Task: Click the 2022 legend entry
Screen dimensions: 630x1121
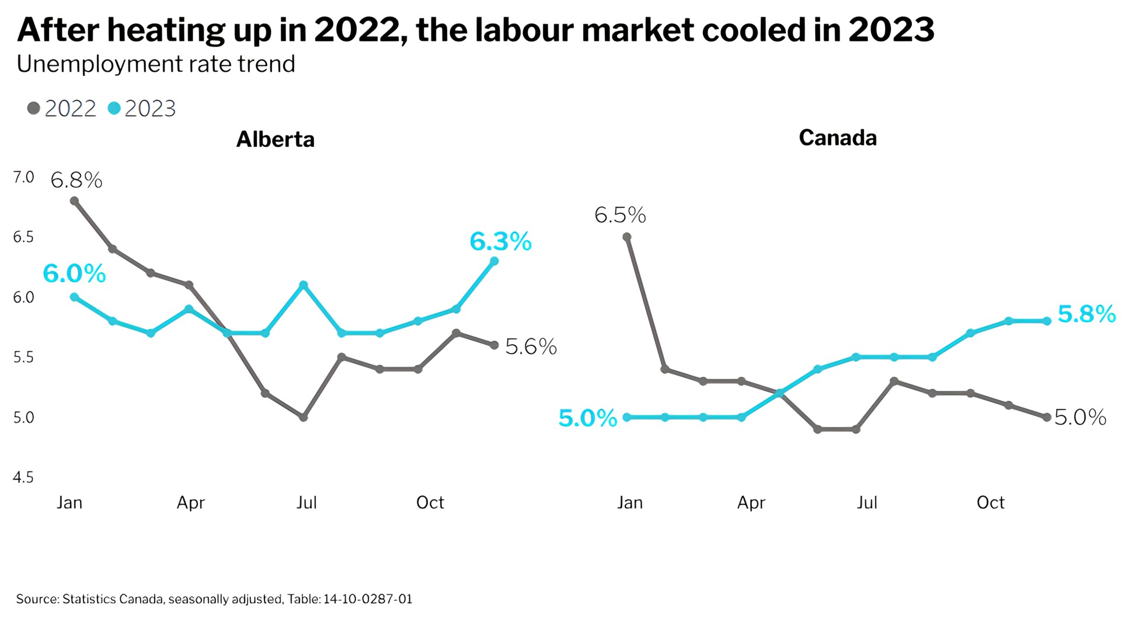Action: pos(62,108)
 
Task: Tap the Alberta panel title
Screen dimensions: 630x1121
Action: pos(275,139)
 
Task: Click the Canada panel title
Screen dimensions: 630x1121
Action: pos(837,138)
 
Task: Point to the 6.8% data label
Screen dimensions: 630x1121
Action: pos(76,180)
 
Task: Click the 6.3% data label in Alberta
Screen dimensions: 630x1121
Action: pos(500,241)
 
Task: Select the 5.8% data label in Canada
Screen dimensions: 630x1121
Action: pos(1087,314)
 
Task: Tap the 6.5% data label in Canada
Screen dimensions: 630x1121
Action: pos(620,215)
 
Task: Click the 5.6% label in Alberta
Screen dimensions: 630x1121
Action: pos(531,346)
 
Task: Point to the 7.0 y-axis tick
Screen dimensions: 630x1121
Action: pos(23,177)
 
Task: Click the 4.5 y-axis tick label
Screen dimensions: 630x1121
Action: pos(23,477)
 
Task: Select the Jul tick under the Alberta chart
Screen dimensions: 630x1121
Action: pos(306,502)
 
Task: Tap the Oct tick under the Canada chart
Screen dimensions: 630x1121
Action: pos(990,502)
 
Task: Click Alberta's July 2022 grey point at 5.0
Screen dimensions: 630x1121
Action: pos(303,417)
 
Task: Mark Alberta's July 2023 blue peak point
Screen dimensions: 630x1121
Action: pos(303,285)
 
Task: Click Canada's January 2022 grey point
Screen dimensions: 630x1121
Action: pos(627,237)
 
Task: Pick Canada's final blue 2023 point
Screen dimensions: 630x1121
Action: pos(1047,321)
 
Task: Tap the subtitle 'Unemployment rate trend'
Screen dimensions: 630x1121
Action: pos(156,64)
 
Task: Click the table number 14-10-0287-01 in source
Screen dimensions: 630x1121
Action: pos(368,599)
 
